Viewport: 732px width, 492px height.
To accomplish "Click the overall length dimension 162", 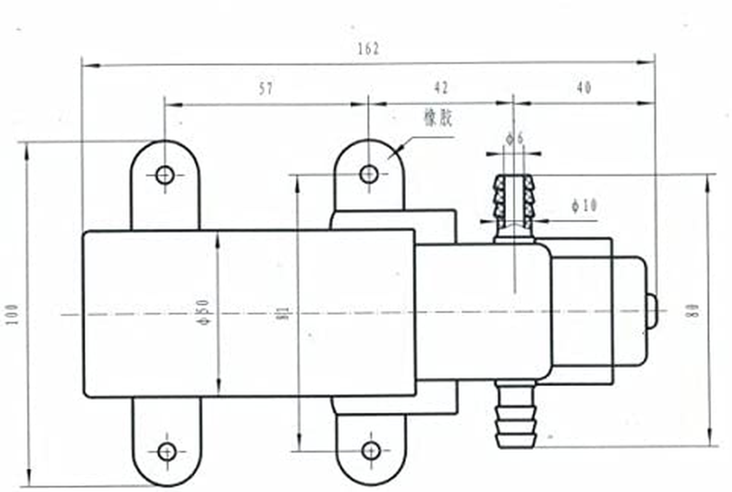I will (x=368, y=49).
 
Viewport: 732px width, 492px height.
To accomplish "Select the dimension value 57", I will (x=266, y=89).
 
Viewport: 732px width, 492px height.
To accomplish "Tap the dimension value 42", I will (x=440, y=87).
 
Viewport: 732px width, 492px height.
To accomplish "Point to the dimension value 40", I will (x=584, y=88).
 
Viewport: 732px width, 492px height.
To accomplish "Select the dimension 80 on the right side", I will (x=694, y=311).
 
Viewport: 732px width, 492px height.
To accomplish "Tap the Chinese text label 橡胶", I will (x=437, y=119).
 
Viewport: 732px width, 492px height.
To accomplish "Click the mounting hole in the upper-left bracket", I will (x=165, y=175).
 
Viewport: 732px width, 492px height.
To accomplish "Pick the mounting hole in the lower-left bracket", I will (x=167, y=451).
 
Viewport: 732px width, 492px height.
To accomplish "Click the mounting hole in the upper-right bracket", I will (x=369, y=174).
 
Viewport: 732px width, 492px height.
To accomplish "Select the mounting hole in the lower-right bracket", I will (x=371, y=451).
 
